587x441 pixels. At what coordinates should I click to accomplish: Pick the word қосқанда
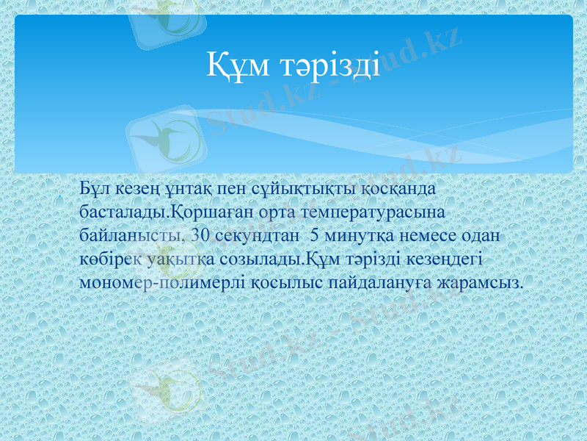400,189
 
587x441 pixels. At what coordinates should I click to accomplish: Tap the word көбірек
111,259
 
